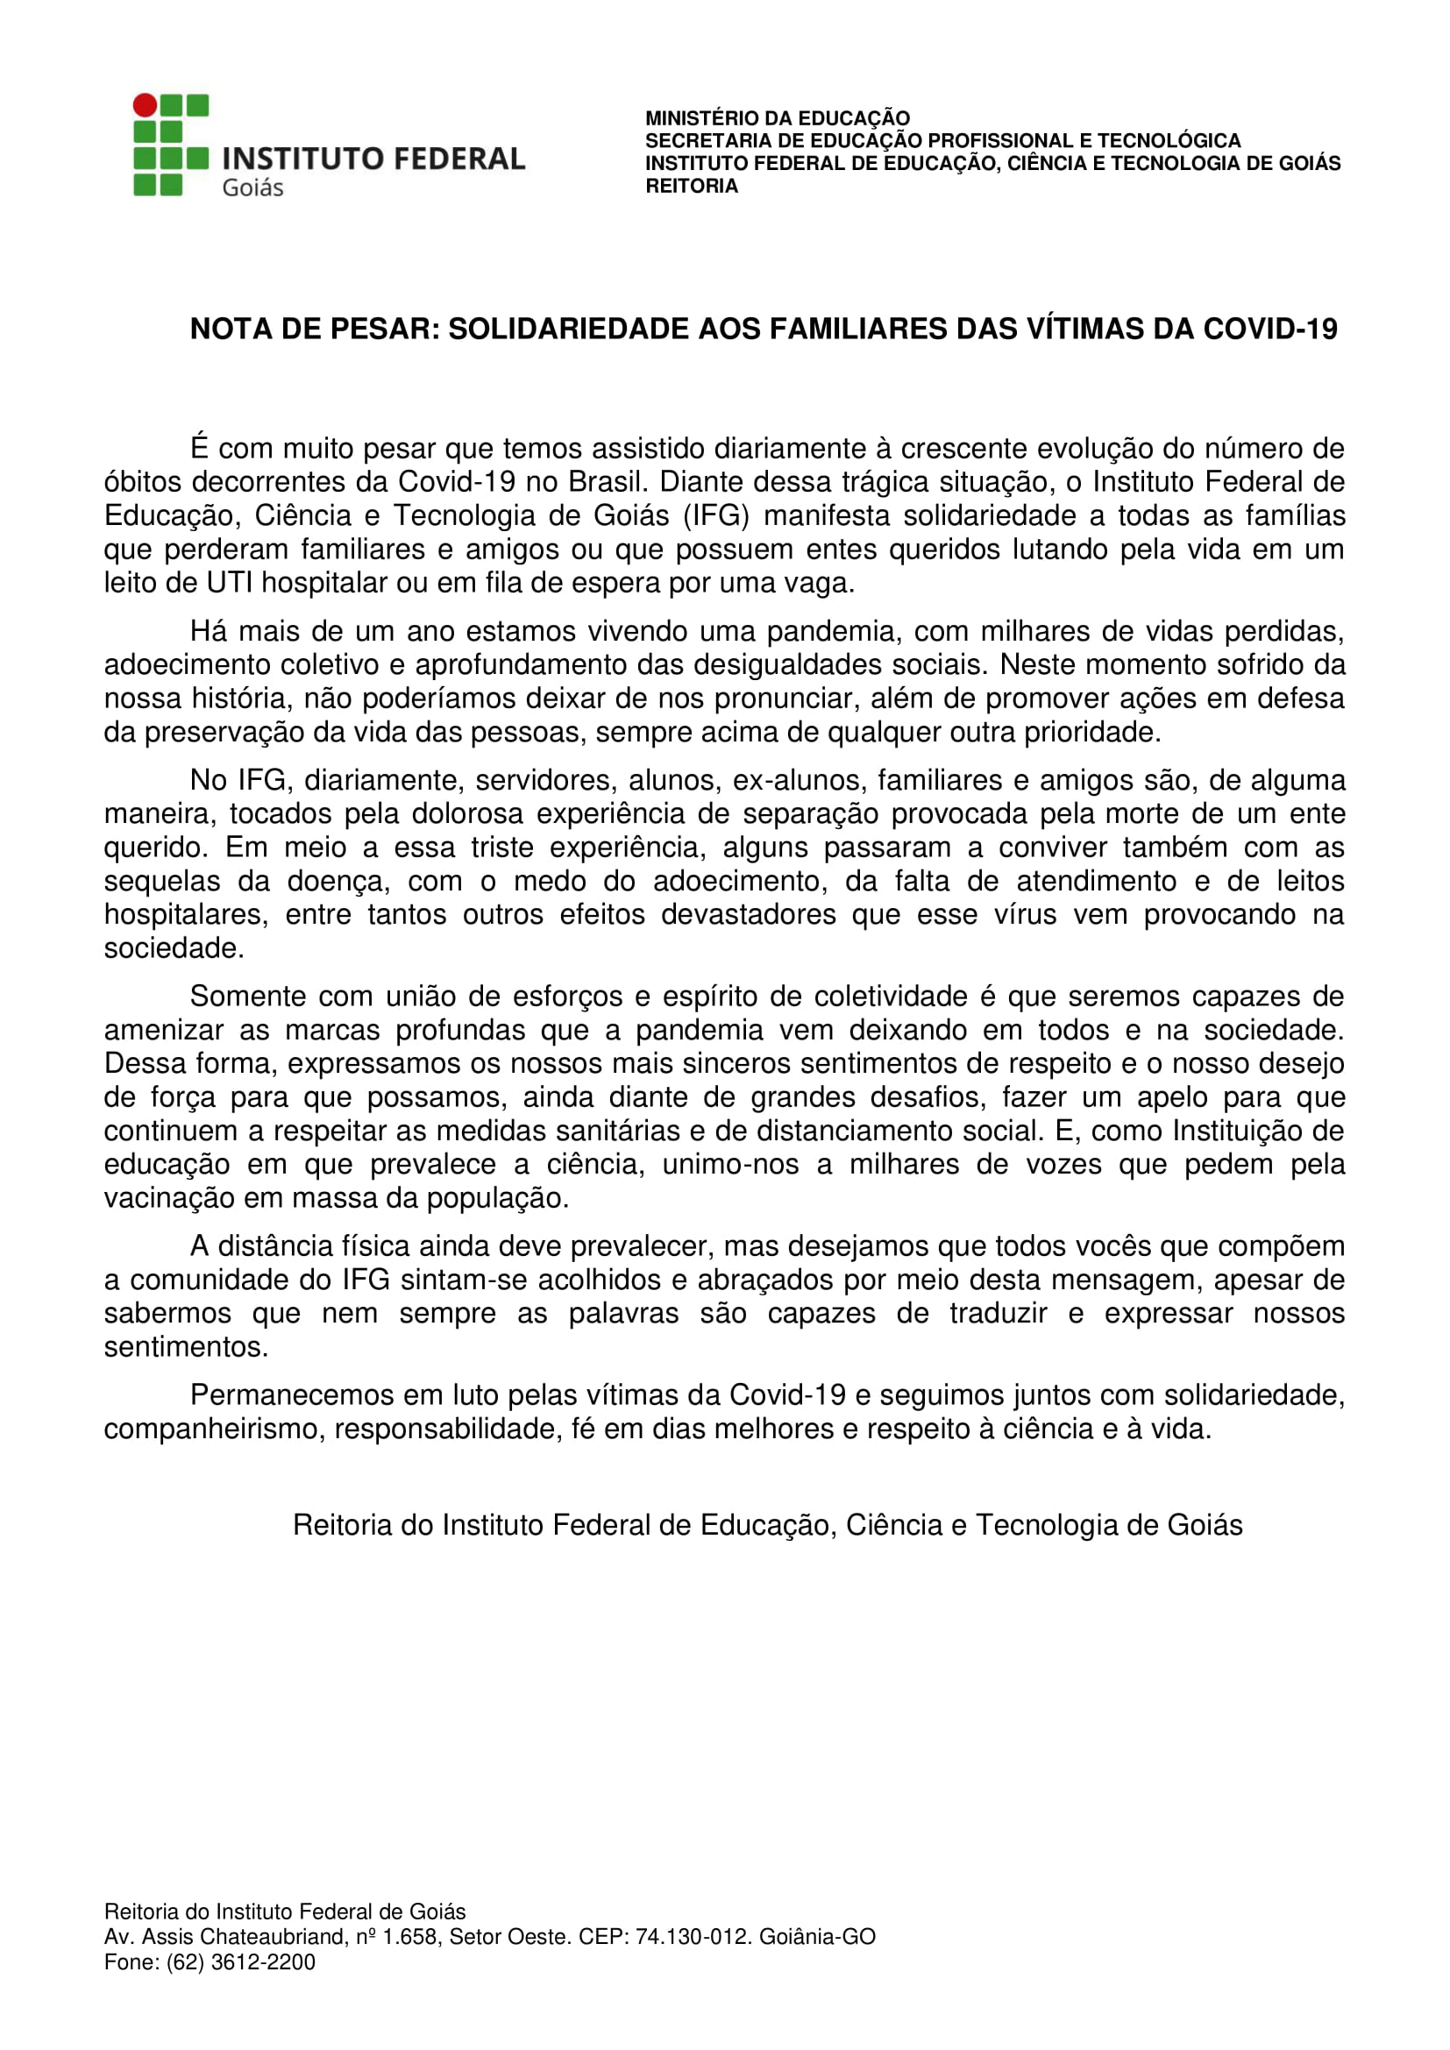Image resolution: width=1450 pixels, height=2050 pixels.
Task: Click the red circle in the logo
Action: coord(145,106)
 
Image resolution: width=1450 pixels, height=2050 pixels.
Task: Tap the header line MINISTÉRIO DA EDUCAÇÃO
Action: coord(778,117)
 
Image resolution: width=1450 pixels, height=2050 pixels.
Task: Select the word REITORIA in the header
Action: coord(692,187)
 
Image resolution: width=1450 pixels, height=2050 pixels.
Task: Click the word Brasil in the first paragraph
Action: coord(608,482)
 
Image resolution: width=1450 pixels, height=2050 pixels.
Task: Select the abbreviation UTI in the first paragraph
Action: coord(230,583)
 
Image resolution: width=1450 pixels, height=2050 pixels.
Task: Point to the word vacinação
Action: coord(165,1198)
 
